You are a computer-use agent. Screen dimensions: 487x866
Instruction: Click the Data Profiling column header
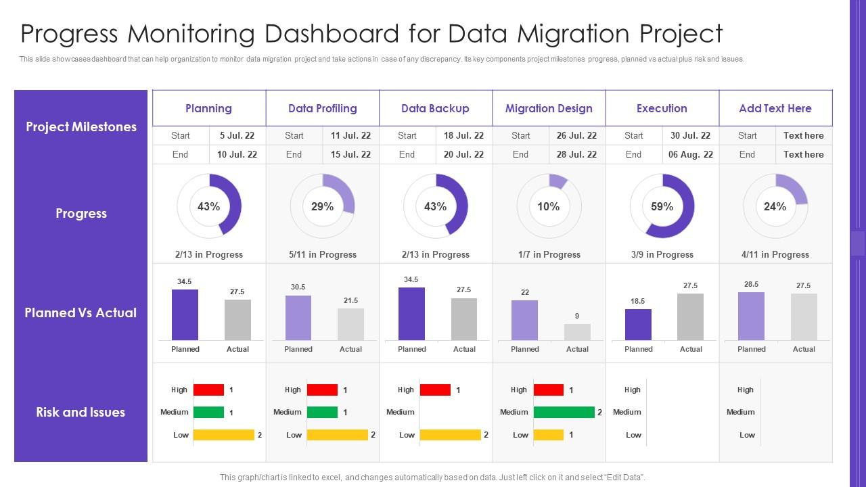(322, 108)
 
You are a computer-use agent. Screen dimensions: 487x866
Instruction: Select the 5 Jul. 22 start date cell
(237, 135)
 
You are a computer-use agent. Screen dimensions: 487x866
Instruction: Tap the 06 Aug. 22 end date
(690, 154)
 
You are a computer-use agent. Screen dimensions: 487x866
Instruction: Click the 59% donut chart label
(662, 206)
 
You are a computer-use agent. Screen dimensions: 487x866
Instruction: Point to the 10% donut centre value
(549, 206)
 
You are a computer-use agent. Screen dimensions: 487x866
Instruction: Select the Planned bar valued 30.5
(298, 318)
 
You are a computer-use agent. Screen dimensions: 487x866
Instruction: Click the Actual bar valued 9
(577, 332)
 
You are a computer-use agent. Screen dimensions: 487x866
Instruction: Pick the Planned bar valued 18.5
(638, 325)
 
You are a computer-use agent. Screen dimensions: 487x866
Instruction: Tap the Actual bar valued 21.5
(350, 325)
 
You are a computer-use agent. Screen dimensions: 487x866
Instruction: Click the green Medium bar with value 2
(564, 412)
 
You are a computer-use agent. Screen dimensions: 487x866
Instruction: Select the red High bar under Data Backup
(435, 390)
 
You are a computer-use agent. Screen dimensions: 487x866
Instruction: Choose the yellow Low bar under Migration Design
(549, 435)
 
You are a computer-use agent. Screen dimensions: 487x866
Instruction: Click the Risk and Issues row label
(81, 412)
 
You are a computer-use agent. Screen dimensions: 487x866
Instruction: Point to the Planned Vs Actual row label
(81, 312)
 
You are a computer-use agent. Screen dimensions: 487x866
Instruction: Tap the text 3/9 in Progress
(662, 255)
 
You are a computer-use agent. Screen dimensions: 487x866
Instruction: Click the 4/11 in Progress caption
(775, 255)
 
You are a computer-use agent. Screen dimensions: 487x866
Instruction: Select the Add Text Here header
(775, 108)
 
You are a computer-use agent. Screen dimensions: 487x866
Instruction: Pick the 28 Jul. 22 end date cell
(576, 154)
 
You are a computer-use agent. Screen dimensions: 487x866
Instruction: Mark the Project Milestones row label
(81, 126)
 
